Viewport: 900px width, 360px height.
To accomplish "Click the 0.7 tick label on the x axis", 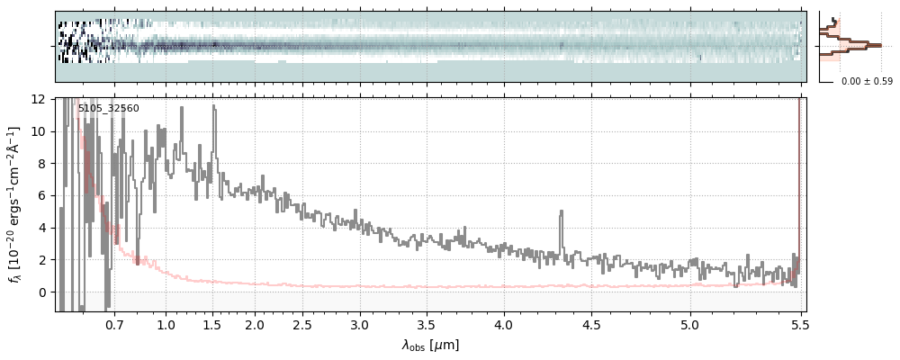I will (114, 324).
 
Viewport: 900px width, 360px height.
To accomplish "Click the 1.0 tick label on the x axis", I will (166, 324).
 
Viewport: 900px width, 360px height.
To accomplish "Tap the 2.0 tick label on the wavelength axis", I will (255, 324).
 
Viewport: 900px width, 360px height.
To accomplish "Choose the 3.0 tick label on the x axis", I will (360, 324).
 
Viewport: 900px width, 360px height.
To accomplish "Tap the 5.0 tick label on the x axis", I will (689, 324).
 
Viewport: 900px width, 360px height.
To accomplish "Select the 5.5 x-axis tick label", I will (800, 324).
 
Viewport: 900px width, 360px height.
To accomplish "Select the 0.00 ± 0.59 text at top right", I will (867, 82).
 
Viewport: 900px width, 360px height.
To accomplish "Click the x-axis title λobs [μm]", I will (430, 345).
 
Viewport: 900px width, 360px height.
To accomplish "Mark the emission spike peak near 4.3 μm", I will (562, 212).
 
